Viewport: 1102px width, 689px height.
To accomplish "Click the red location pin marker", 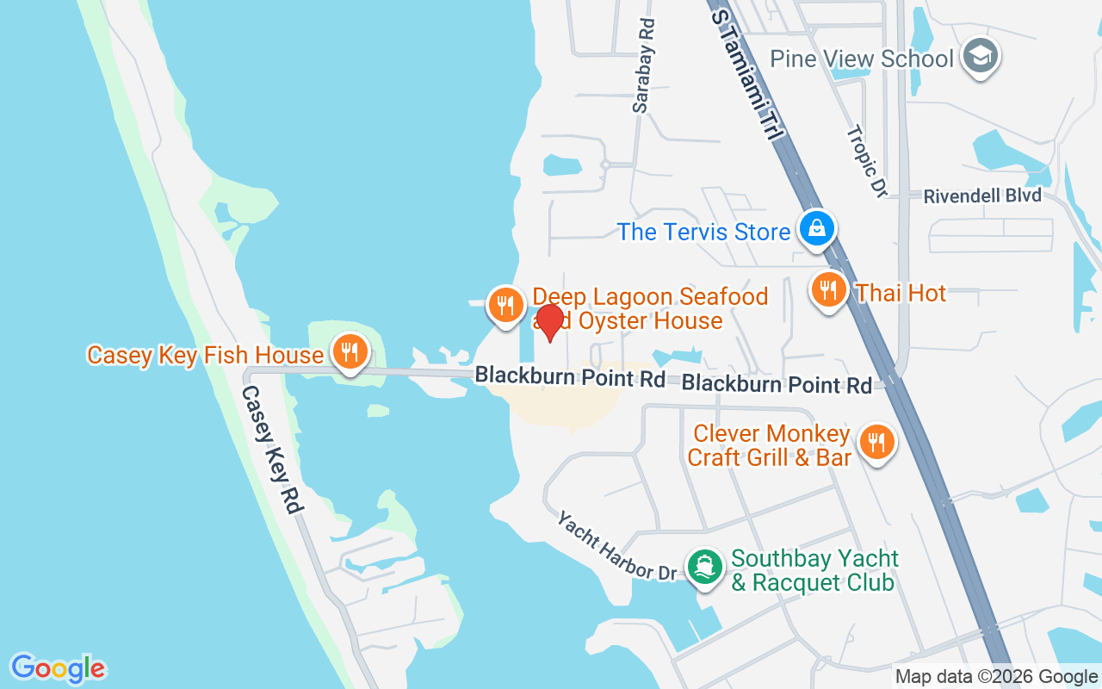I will (548, 322).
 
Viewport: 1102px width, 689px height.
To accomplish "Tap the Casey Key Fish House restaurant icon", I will (349, 352).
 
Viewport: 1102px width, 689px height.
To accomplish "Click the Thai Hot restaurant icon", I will (827, 290).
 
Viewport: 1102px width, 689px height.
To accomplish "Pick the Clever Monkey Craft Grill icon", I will (876, 443).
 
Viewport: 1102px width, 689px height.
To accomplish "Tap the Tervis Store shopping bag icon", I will (814, 229).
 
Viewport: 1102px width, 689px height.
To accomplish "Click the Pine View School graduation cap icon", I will (979, 56).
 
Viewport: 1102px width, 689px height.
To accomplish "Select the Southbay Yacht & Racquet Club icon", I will (705, 567).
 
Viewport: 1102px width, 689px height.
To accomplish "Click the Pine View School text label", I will (862, 59).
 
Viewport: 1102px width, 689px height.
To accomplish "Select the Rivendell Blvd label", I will (982, 196).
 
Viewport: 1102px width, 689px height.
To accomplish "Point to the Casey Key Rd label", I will (272, 449).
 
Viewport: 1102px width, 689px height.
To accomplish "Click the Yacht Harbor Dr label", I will (616, 547).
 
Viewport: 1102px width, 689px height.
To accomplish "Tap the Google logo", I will (58, 668).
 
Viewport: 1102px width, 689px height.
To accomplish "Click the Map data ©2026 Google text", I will (995, 677).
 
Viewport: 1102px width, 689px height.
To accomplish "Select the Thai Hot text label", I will (901, 293).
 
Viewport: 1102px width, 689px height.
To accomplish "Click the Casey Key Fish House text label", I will (205, 355).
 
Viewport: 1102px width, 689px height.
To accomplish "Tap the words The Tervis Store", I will (703, 232).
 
